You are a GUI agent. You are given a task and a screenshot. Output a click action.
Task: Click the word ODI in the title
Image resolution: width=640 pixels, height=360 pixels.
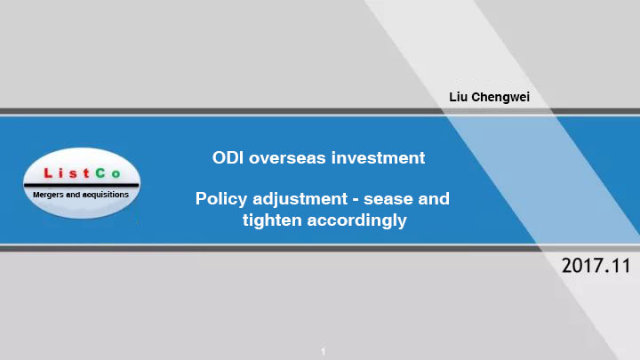point(228,158)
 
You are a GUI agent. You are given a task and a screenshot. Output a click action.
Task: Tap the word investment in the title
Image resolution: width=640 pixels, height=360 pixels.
point(379,158)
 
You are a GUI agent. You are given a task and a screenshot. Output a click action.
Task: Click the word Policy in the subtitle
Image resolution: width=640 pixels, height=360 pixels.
point(221,200)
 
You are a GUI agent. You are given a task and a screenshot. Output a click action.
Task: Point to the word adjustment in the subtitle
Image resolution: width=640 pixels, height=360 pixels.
point(300,200)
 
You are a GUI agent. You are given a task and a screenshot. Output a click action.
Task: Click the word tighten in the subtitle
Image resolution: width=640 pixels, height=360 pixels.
point(272,220)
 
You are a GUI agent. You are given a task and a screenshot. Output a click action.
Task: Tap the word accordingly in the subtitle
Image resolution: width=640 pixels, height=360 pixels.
point(356,220)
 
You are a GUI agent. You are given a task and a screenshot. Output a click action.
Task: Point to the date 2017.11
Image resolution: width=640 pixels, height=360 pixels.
point(596,266)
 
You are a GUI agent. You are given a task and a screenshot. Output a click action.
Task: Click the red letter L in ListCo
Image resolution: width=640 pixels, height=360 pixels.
point(48,173)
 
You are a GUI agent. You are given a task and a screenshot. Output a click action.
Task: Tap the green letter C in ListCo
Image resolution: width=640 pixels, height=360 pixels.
point(100,173)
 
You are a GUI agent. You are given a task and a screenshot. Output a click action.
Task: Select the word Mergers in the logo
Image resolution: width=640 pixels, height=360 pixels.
point(48,195)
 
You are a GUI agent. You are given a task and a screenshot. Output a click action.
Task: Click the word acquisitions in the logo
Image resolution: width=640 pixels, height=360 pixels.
point(105,195)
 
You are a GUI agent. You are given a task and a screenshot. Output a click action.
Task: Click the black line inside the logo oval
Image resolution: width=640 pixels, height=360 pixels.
point(82,185)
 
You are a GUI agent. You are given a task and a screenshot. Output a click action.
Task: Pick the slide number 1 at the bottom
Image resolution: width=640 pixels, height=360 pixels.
point(323,351)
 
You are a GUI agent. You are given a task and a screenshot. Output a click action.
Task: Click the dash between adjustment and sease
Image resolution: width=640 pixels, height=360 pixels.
point(356,200)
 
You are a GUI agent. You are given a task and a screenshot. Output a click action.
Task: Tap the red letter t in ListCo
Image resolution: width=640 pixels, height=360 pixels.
point(86,173)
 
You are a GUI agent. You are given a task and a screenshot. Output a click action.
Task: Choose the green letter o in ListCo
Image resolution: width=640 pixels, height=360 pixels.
point(116,174)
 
